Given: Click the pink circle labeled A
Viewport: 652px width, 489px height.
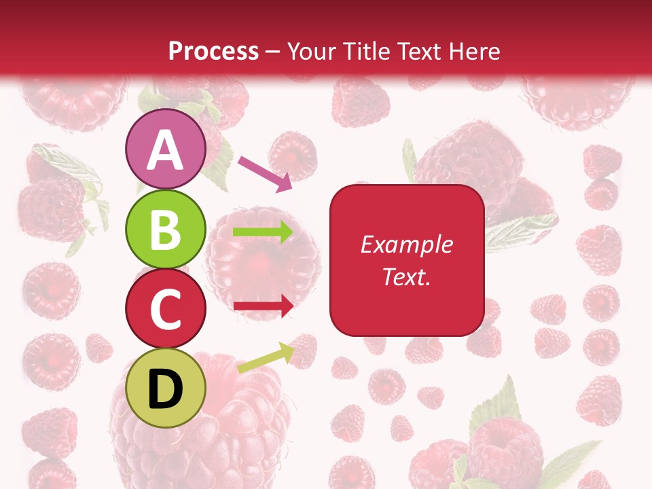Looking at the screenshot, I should point(166,149).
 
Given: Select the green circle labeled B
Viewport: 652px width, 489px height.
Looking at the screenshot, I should point(166,230).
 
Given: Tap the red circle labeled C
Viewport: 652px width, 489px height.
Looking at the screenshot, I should point(166,309).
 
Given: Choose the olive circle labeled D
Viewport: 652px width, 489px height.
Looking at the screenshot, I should point(166,388).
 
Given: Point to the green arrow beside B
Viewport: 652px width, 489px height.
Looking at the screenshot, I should point(264,232).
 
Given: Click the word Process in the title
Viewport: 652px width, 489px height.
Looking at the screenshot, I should point(213,51).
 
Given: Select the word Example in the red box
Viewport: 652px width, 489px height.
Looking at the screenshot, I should point(406,245).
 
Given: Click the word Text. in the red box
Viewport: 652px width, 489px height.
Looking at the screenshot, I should point(406,277).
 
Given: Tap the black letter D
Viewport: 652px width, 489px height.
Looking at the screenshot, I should point(166,389).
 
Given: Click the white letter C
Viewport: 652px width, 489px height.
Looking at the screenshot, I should point(166,310).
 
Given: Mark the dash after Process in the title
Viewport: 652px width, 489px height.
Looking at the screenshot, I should point(273,52).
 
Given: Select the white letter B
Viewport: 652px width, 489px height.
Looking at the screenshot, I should point(166,230).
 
